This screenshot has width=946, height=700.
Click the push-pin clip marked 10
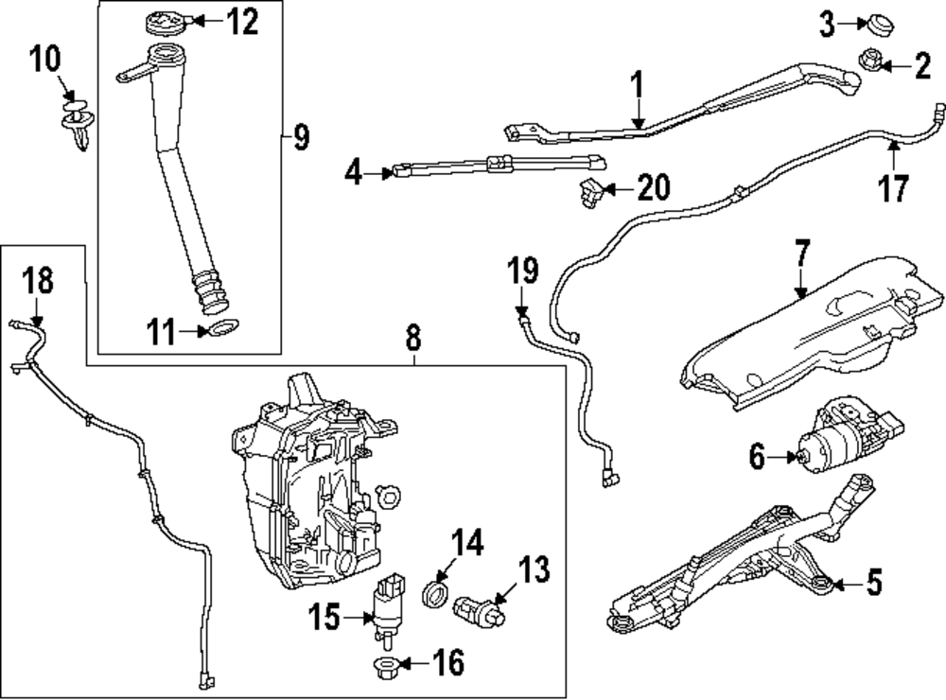(78, 123)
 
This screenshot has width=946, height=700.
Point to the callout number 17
(893, 186)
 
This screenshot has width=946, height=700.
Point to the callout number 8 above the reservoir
(413, 336)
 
